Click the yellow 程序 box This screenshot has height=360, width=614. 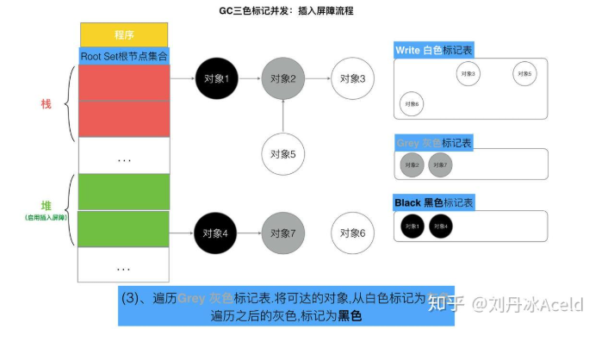point(124,34)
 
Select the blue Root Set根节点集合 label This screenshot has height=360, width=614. point(124,55)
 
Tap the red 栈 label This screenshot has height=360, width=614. point(46,103)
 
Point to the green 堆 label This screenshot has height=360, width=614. point(46,206)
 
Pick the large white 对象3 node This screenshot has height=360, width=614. point(352,78)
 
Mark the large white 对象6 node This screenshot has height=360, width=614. point(352,233)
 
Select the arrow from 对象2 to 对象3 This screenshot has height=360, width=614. point(317,78)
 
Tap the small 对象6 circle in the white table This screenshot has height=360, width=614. point(411,104)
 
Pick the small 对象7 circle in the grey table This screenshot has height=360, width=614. point(440,164)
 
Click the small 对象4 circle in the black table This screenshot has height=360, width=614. point(440,227)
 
